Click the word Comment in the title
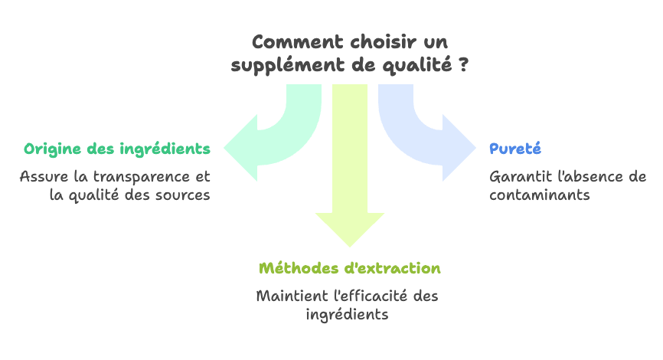(x=297, y=42)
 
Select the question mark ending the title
(x=463, y=64)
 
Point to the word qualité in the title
(x=417, y=66)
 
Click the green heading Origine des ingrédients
(x=117, y=149)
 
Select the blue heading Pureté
(x=515, y=149)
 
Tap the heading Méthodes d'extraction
(x=350, y=268)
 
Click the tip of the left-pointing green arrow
(x=224, y=148)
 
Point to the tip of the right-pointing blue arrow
(x=475, y=148)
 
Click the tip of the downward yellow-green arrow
(x=350, y=247)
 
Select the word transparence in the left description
(x=142, y=177)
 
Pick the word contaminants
(x=540, y=195)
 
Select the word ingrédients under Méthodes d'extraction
(x=347, y=315)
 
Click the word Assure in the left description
(x=44, y=176)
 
